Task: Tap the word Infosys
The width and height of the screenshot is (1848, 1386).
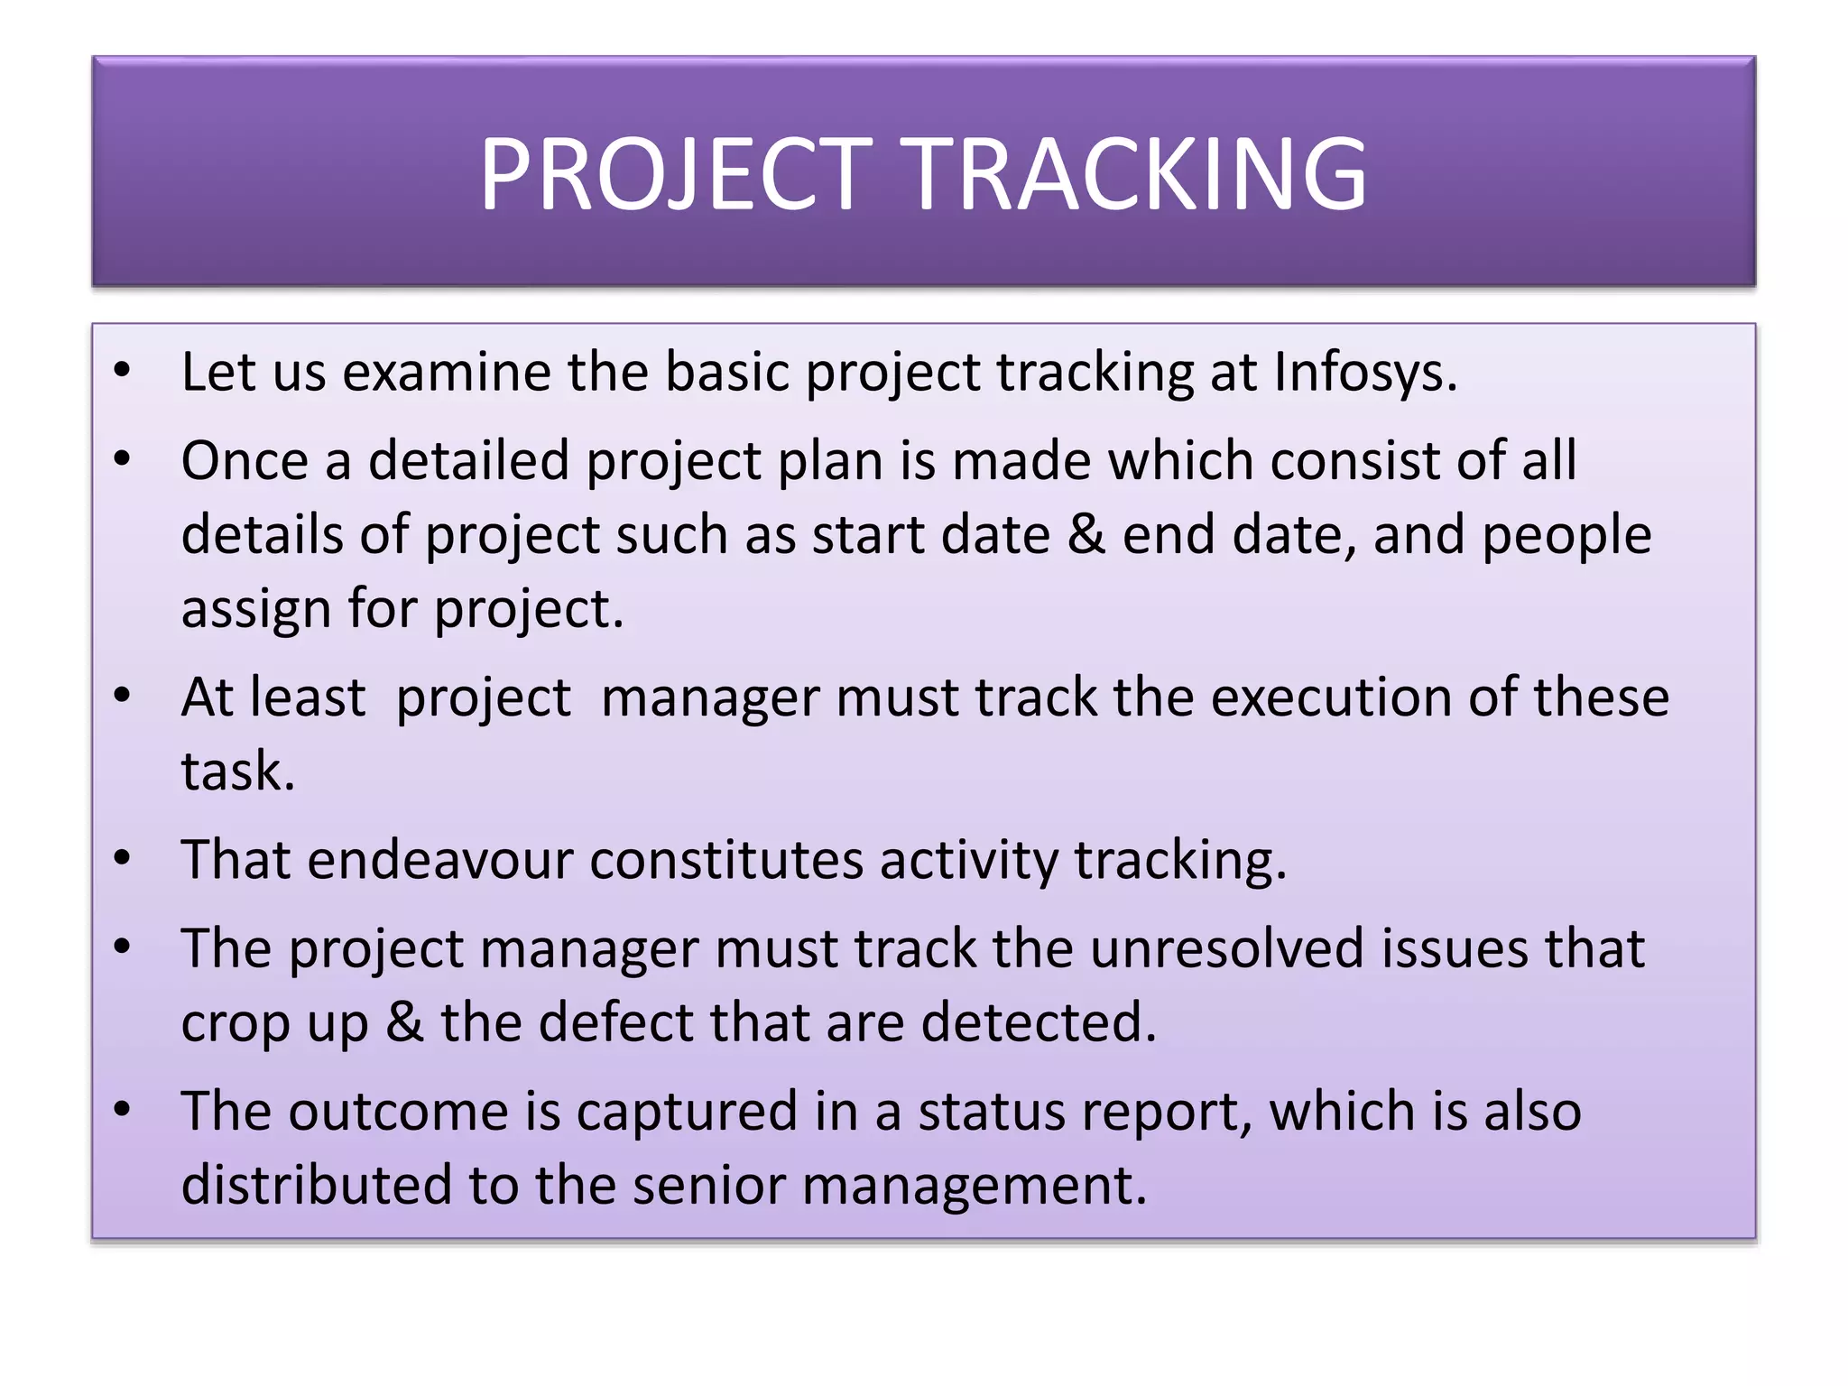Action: [x=1364, y=372]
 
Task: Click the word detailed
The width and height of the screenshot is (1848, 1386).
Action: [x=468, y=461]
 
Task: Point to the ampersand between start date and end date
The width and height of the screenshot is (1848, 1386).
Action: [x=1086, y=535]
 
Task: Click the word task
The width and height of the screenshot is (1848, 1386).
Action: [x=236, y=772]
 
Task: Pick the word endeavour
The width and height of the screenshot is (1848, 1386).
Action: [x=439, y=860]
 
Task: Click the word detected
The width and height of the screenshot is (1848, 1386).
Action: [x=1037, y=1023]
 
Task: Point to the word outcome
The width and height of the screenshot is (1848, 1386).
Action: [x=398, y=1112]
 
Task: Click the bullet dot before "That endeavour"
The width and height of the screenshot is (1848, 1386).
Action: [x=123, y=858]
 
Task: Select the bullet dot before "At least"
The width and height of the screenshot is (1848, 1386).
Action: [x=123, y=696]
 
